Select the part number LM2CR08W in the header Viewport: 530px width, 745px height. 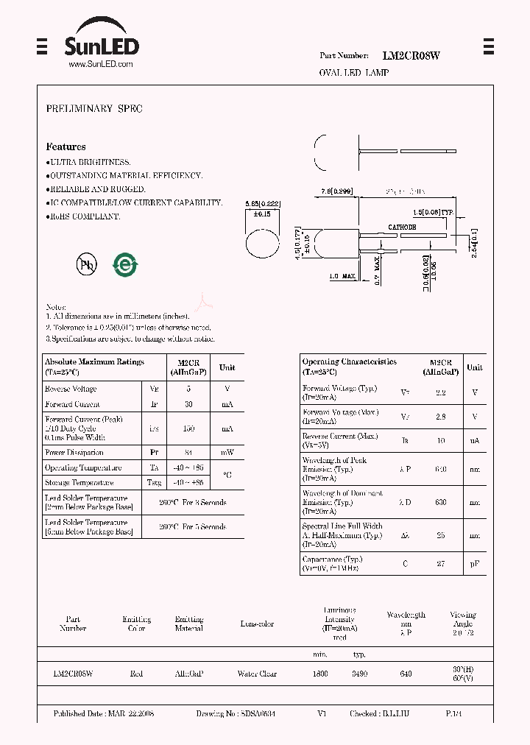tap(411, 55)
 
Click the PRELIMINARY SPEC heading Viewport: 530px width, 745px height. tap(94, 109)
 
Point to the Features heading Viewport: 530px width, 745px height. tap(66, 147)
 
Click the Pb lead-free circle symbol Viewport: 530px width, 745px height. tap(87, 266)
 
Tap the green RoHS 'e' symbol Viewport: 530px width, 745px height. tap(126, 265)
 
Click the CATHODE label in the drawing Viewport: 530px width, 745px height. tap(402, 227)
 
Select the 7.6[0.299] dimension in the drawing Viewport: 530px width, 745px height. tap(336, 191)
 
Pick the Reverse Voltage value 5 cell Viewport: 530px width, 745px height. tap(188, 389)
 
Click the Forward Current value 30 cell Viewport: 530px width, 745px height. tap(188, 404)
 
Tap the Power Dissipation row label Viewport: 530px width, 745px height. tap(74, 453)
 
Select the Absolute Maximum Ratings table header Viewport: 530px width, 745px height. tap(94, 367)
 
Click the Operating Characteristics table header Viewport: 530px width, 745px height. tap(350, 367)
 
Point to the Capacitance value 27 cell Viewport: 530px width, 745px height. tap(440, 564)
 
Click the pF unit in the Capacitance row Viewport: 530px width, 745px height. tap(475, 564)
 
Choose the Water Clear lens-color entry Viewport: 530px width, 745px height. tap(257, 674)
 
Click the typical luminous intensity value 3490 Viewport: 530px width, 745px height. tap(359, 674)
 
